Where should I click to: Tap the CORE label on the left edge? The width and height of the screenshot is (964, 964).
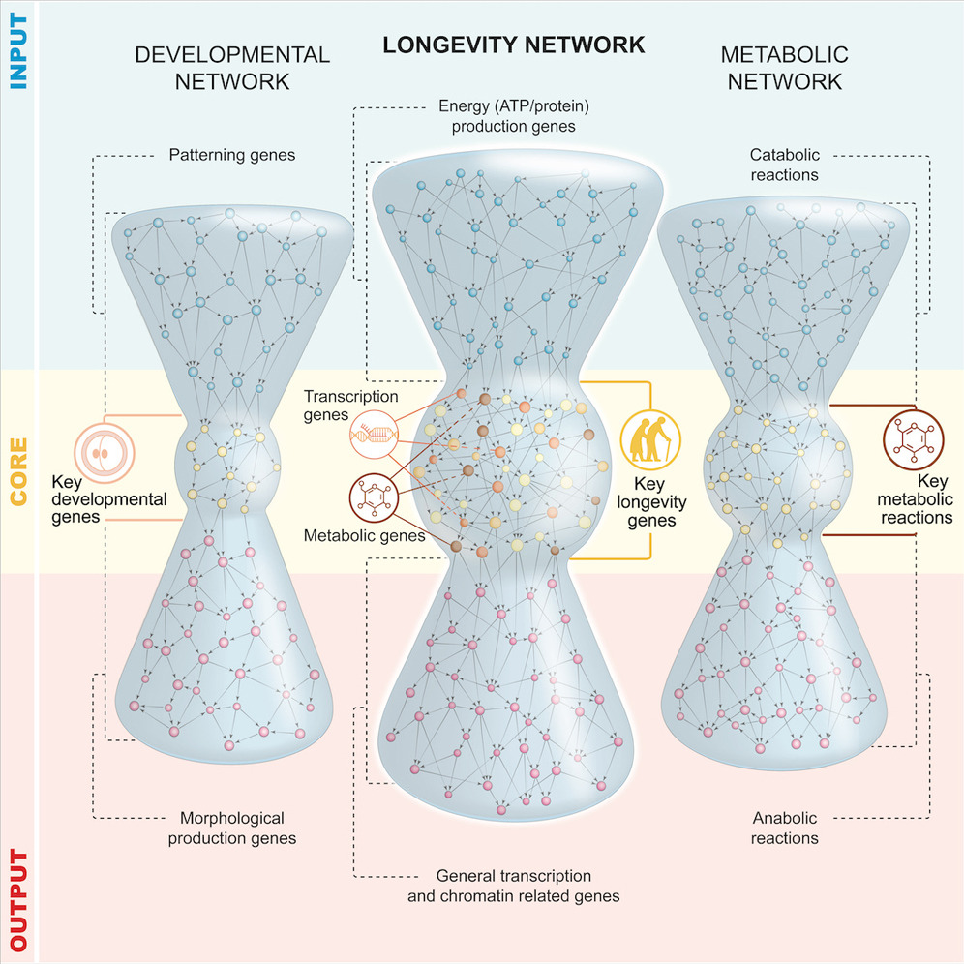coord(16,471)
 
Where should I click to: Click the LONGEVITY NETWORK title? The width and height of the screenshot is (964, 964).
coord(512,45)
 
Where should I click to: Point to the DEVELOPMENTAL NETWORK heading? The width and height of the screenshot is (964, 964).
coord(232,68)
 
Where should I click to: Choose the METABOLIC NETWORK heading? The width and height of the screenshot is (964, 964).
coord(785,68)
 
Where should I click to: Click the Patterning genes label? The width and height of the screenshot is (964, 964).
coord(231,154)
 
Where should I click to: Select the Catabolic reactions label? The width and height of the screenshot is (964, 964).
coord(785,165)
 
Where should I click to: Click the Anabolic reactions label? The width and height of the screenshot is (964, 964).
coord(785,827)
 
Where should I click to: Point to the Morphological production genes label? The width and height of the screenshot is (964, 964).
coord(232,828)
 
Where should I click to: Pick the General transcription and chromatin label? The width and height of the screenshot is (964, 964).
coord(514,885)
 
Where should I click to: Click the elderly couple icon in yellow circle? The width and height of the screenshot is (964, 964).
coord(650,440)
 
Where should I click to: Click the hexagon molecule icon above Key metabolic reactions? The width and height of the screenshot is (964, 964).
coord(912,440)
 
